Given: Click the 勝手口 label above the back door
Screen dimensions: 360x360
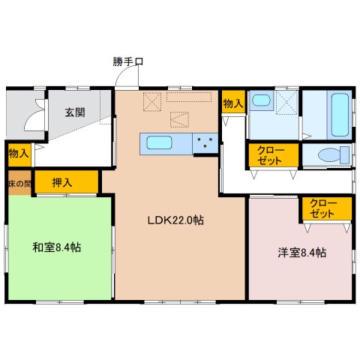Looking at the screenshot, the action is click(x=127, y=61).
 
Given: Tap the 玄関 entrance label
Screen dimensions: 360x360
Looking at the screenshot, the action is click(x=75, y=112).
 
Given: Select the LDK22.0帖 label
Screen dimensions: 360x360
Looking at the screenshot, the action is click(x=175, y=220).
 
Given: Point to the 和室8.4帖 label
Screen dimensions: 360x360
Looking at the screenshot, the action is click(x=57, y=247).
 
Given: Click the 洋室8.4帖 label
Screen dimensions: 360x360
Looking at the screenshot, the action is click(x=302, y=253).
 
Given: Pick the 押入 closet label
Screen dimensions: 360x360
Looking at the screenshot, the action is click(x=62, y=182).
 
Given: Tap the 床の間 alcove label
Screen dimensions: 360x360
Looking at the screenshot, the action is click(x=20, y=184).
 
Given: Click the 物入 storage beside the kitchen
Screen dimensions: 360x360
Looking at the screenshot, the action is click(x=233, y=103).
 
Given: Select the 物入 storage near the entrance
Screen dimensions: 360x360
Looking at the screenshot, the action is click(x=19, y=153).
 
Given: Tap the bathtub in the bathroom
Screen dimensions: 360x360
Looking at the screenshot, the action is click(x=340, y=115).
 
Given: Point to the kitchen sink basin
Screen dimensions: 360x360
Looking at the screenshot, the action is click(x=159, y=143).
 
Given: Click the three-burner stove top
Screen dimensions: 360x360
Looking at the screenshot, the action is click(x=205, y=143).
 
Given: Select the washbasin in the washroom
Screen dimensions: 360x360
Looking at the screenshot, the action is click(x=261, y=100).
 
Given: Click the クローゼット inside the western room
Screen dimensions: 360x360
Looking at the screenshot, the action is click(x=322, y=208).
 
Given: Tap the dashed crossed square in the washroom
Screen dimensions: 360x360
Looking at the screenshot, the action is click(x=287, y=102).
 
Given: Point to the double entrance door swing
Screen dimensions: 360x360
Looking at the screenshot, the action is click(x=35, y=115).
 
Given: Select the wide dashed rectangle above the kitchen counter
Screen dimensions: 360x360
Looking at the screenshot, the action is click(x=189, y=97).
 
